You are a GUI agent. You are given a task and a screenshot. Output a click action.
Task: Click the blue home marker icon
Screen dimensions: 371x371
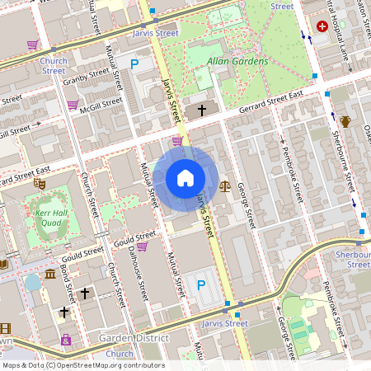point(185,178)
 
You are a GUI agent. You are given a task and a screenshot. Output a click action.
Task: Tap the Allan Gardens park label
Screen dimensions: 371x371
point(237,62)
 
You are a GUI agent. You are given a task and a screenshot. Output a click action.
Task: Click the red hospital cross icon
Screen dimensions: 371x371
point(322,26)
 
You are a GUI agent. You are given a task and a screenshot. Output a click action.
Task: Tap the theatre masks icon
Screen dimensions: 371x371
point(39,184)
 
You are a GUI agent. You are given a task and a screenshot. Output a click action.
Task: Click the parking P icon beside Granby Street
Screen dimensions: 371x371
point(134,63)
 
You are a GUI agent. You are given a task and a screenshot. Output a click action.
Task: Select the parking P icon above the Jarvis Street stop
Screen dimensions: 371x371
point(200,285)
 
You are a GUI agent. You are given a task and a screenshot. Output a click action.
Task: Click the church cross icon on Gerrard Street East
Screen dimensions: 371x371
point(200,110)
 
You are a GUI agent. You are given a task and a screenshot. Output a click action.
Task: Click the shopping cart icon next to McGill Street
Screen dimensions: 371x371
point(73,105)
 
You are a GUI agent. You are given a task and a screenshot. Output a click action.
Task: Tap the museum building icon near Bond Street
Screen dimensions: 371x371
point(49,274)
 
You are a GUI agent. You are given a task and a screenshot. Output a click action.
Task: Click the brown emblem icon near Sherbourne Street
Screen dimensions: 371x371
point(345,122)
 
